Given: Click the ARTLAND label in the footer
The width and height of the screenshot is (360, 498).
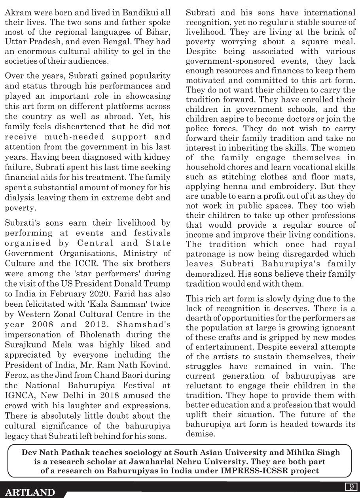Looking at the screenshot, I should click(30, 492).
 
